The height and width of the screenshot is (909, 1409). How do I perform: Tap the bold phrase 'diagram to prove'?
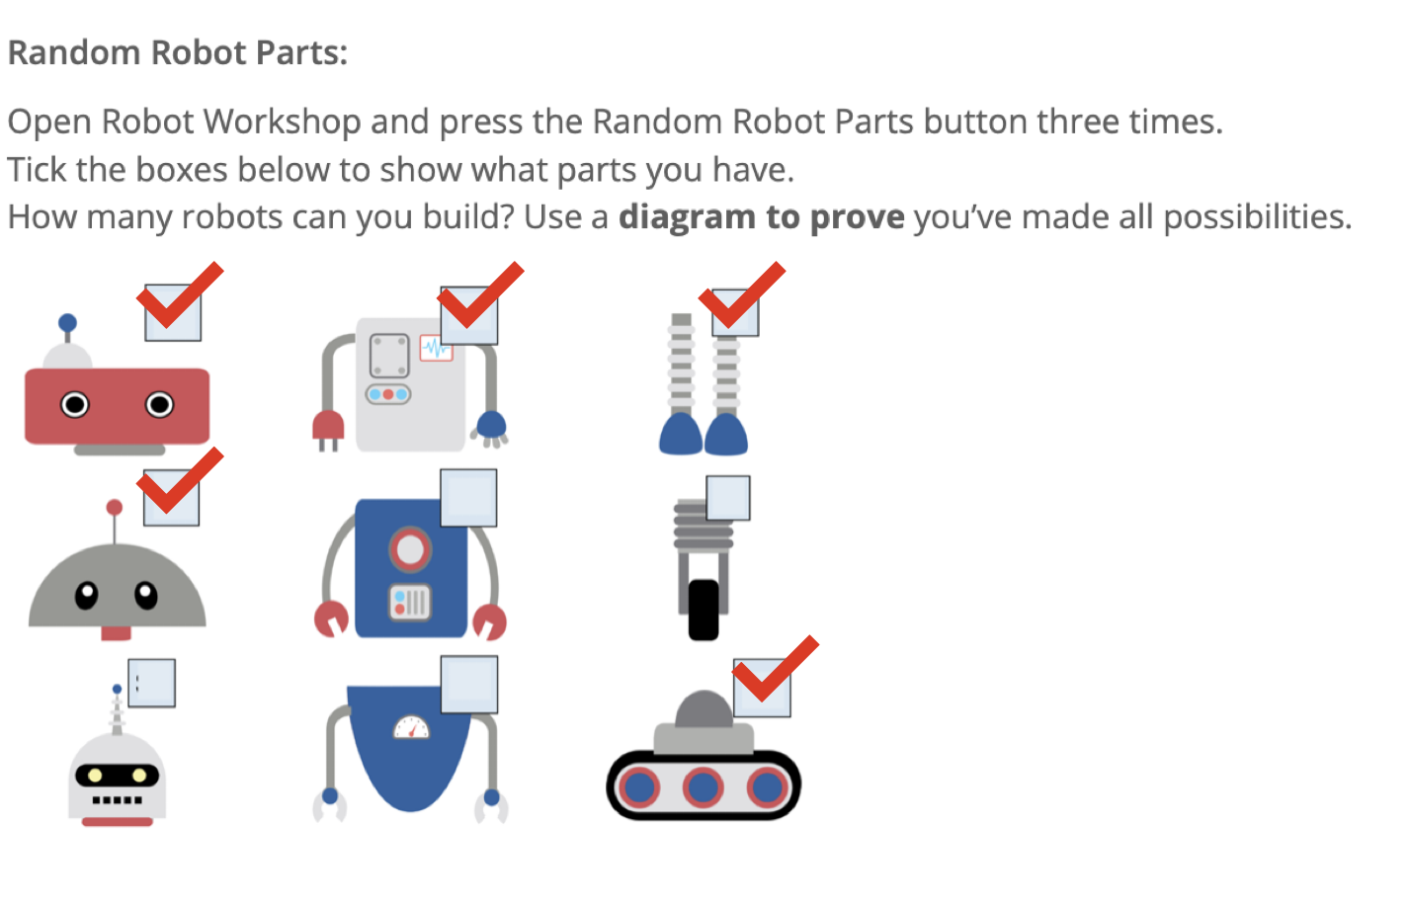[761, 216]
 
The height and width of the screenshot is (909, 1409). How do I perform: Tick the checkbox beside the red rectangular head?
[173, 312]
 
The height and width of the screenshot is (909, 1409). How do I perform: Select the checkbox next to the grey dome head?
[171, 498]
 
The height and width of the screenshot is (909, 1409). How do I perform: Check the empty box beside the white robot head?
[152, 683]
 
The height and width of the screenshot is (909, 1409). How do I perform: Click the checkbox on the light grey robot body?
[468, 316]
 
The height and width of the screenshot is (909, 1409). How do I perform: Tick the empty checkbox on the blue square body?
[468, 498]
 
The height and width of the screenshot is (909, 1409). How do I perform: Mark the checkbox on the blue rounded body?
[469, 684]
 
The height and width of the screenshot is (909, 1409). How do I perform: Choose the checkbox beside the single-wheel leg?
[728, 498]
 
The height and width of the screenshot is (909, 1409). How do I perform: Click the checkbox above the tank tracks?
[762, 689]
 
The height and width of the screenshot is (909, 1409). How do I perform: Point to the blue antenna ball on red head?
[67, 323]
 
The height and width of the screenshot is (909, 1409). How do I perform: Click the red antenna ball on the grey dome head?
[115, 508]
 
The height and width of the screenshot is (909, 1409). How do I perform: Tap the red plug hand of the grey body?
[328, 427]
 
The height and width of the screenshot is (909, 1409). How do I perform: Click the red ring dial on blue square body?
[410, 549]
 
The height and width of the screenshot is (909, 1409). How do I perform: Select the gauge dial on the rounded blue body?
[411, 728]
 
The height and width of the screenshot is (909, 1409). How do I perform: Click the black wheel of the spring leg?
[704, 610]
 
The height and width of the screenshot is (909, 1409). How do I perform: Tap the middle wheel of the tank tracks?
[703, 787]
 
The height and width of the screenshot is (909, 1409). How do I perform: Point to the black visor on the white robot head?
[117, 776]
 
